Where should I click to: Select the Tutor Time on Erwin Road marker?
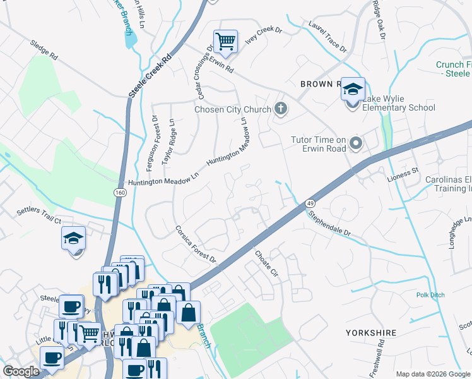(355, 144)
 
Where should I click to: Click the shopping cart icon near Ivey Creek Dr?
(225, 42)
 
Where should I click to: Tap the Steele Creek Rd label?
(150, 76)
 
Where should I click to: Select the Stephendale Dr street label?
(328, 223)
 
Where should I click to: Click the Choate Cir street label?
(266, 263)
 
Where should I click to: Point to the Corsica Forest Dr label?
(196, 244)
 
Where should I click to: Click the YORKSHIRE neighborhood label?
(370, 332)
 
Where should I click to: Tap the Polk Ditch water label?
(430, 295)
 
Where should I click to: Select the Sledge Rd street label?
(44, 51)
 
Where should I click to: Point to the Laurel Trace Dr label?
(327, 38)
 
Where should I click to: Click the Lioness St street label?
(406, 172)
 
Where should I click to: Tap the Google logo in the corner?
(21, 372)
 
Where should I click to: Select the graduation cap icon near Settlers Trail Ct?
(74, 239)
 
